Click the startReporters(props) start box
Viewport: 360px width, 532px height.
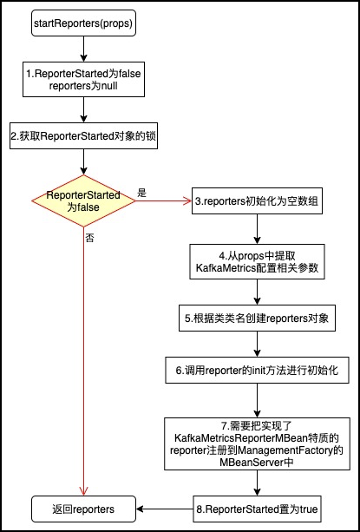coord(83,24)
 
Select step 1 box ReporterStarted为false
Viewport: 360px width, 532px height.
coord(83,79)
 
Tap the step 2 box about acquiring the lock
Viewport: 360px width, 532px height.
coord(83,135)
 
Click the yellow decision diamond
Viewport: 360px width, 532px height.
coord(83,200)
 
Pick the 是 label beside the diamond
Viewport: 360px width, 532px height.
coord(141,194)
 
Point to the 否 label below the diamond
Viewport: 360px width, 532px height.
coord(90,238)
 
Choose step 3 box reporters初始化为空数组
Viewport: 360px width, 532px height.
coord(257,200)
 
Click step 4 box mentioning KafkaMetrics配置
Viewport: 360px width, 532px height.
coord(257,261)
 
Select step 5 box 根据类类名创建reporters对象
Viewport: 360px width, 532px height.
coord(257,319)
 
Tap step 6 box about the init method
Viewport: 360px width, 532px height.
coord(257,371)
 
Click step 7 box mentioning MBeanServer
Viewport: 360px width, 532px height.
coord(257,443)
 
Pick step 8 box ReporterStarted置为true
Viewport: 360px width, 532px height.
coord(257,509)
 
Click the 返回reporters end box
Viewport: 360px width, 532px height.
coord(83,509)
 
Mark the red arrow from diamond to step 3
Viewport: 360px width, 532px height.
coord(164,200)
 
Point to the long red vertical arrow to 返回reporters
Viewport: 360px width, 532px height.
coord(83,361)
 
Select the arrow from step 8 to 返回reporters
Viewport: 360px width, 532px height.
coord(165,509)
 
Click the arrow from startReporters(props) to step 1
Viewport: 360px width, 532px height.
coord(83,49)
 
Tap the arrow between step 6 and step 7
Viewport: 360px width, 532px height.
coord(257,400)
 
